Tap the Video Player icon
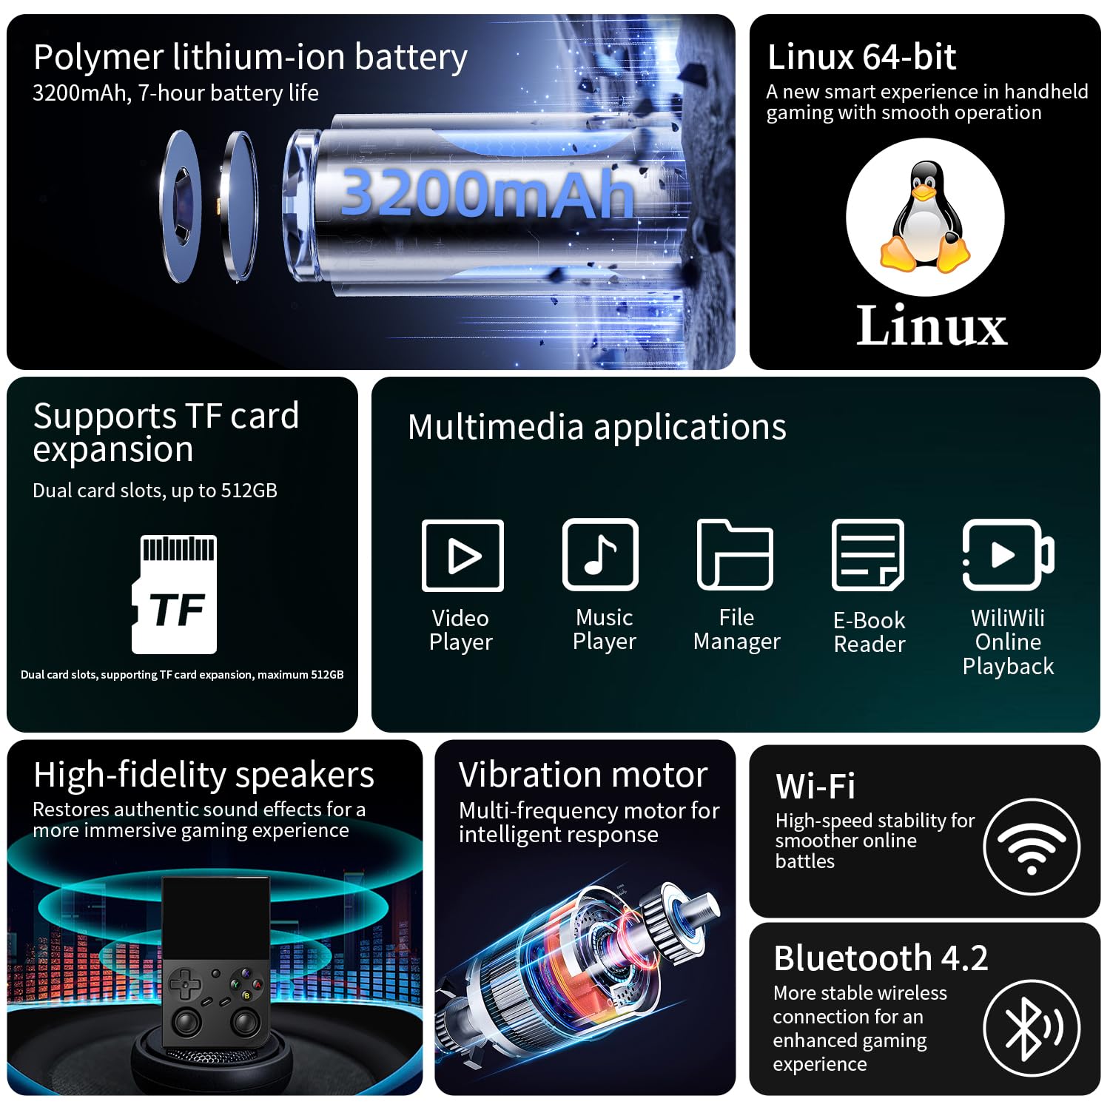[x=462, y=555]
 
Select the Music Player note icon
[x=600, y=554]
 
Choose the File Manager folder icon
[x=735, y=554]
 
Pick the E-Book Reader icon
[x=868, y=555]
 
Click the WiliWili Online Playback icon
[x=1008, y=555]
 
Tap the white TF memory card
[x=175, y=594]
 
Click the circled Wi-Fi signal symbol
[x=1032, y=847]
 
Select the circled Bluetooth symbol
[x=1032, y=1029]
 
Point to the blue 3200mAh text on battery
[x=487, y=192]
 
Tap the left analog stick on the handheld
[x=186, y=1022]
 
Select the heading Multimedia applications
[x=597, y=428]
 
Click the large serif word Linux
[x=932, y=325]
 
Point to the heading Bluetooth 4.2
[x=881, y=958]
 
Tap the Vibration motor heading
[x=583, y=775]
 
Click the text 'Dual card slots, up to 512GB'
[x=155, y=491]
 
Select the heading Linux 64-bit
[x=862, y=57]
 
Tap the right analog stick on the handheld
[x=245, y=1022]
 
